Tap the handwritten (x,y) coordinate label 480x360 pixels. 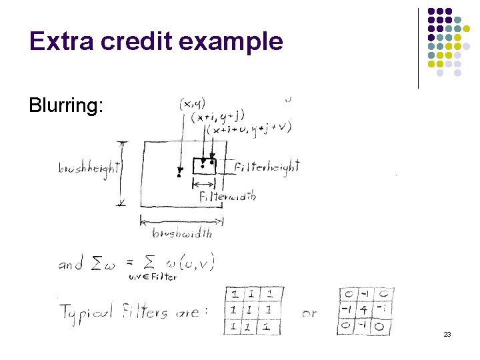click(x=193, y=104)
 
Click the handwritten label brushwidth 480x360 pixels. click(x=182, y=233)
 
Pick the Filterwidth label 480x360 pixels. click(x=227, y=196)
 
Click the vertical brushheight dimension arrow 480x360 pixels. click(x=121, y=173)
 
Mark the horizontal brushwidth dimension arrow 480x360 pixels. click(x=182, y=221)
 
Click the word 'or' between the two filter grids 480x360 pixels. click(x=309, y=312)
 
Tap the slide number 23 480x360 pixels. click(x=447, y=334)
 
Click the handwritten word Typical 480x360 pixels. click(x=91, y=311)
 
